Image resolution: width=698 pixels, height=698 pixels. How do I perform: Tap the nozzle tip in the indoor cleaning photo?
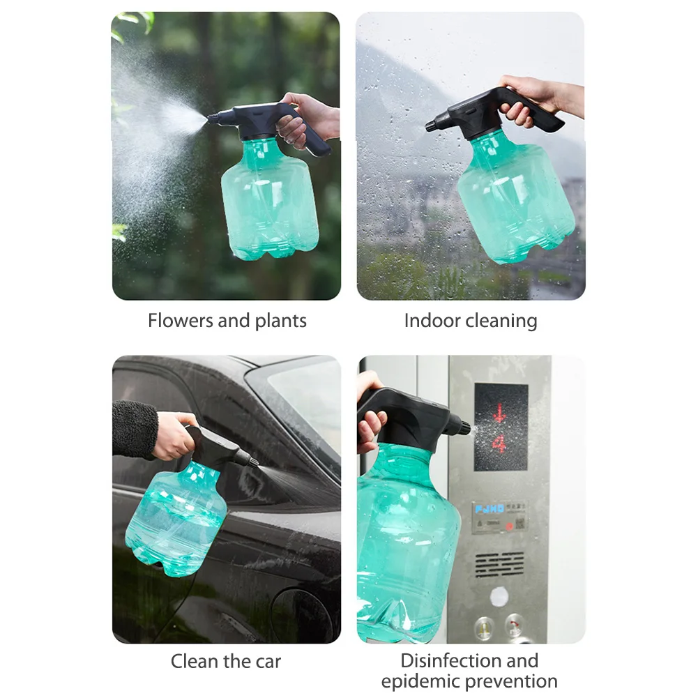coord(430,126)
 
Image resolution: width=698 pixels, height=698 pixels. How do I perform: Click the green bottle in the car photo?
coord(174,516)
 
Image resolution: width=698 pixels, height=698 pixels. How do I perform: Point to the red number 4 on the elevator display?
coord(499,444)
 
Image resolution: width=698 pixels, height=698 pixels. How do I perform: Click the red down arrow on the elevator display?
coord(499,413)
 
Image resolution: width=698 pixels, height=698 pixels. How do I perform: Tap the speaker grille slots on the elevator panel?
coord(499,563)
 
